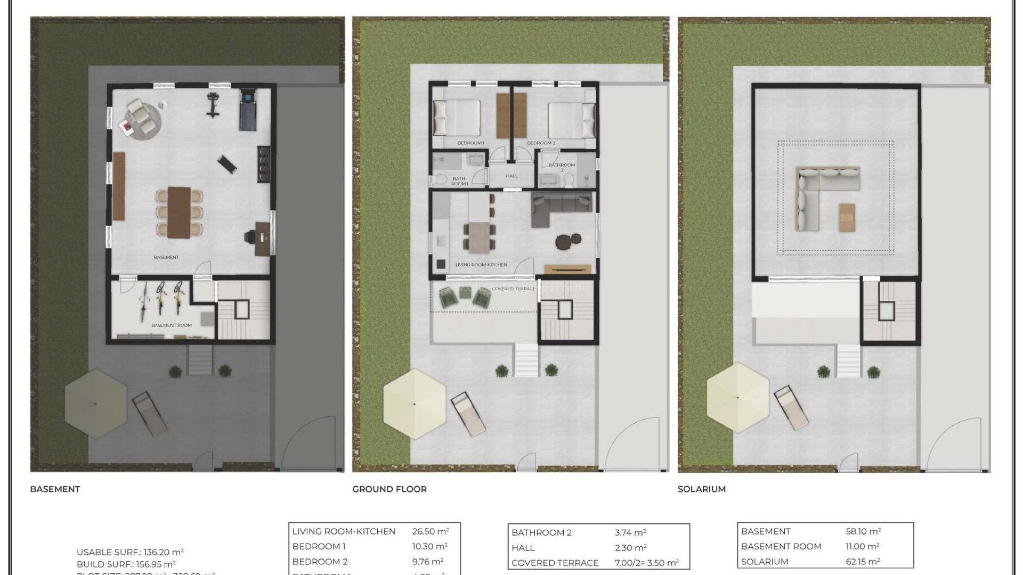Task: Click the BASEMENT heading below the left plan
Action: [55, 489]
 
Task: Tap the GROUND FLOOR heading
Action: [389, 489]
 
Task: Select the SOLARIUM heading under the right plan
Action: [701, 489]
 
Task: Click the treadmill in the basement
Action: [248, 111]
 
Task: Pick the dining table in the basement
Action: [178, 212]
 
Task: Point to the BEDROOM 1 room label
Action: [470, 143]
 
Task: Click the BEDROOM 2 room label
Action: [541, 143]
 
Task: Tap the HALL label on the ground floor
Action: [511, 176]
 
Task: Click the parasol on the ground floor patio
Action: [415, 404]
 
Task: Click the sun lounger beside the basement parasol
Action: [149, 413]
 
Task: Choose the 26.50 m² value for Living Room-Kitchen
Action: [430, 531]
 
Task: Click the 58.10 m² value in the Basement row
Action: [863, 531]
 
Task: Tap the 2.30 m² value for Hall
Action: [630, 547]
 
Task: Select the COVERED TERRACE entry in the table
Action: [555, 563]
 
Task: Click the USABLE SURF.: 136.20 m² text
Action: [130, 552]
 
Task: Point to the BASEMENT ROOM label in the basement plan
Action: [171, 325]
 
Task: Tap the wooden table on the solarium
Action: [847, 217]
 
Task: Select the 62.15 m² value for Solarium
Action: [863, 562]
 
